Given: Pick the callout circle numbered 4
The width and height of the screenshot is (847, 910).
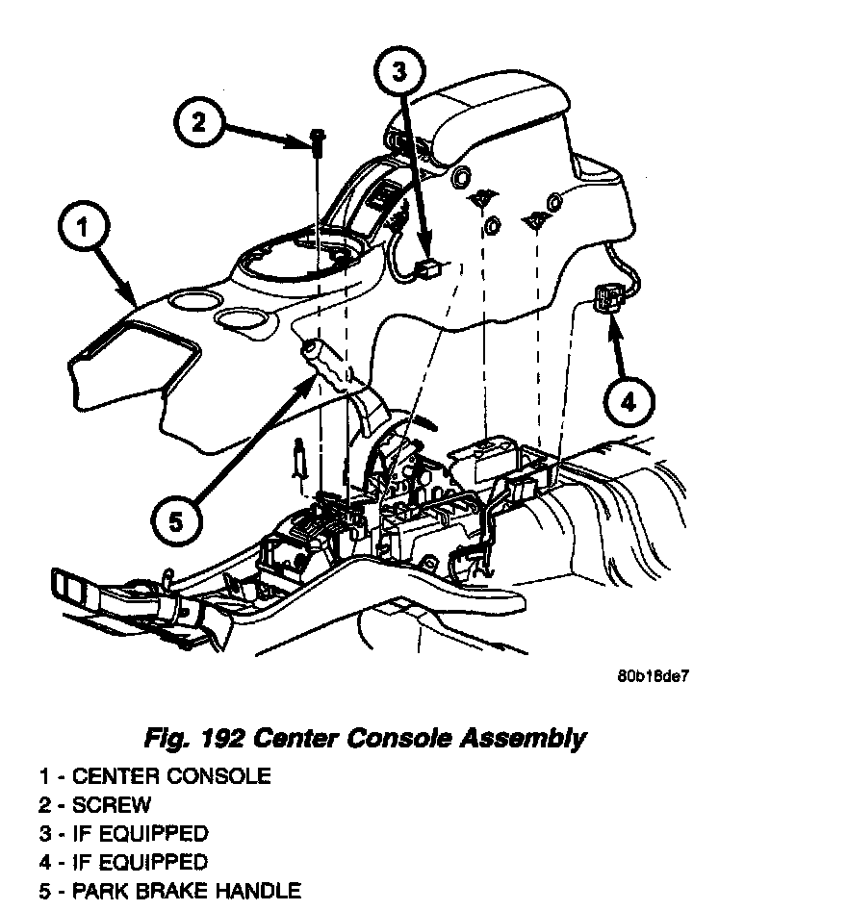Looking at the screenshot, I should [x=628, y=401].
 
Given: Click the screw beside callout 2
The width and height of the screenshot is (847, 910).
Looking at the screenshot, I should [x=318, y=140].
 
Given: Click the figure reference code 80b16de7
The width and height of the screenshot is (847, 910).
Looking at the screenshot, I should [x=653, y=675].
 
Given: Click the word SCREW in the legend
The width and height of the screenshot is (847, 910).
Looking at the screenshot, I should [x=112, y=804].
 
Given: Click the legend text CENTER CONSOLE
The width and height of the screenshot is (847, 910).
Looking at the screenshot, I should [x=171, y=775].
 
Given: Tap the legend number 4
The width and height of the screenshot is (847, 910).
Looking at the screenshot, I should [x=44, y=862].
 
